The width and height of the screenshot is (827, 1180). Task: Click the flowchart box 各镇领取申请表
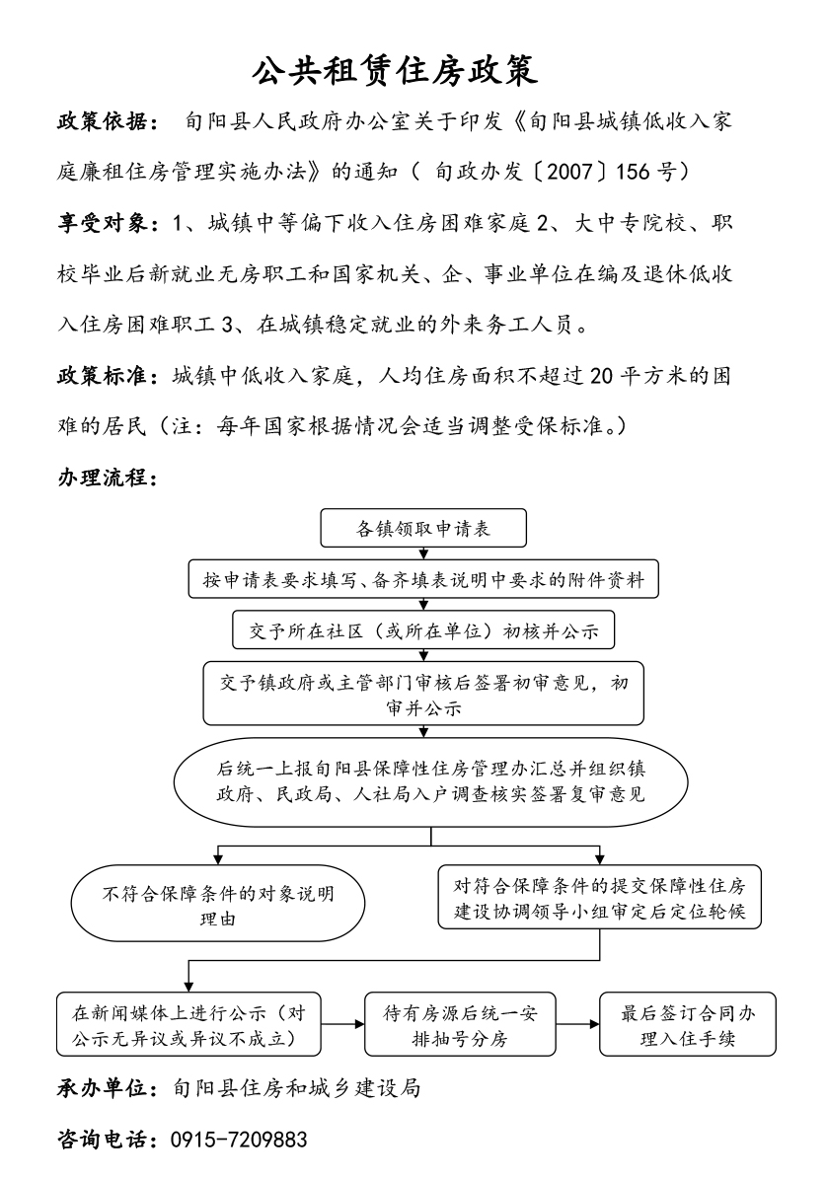423,529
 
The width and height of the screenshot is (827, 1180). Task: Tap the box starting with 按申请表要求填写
423,580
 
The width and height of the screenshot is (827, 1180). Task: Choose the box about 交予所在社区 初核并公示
423,629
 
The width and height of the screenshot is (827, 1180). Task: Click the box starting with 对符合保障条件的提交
599,897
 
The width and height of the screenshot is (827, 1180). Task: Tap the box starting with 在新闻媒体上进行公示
188,1025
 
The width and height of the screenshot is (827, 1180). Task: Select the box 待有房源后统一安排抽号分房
458,1025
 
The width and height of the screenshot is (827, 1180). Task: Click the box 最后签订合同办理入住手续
687,1025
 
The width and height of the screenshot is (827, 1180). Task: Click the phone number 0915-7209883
239,1140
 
